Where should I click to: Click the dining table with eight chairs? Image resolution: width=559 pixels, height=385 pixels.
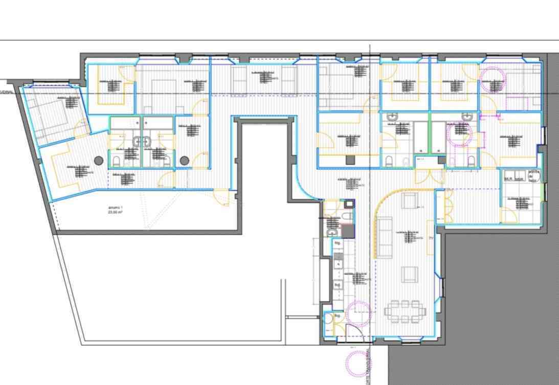[405, 311]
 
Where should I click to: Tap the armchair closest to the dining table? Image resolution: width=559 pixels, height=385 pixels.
[409, 275]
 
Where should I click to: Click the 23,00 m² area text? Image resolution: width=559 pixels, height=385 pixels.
[115, 210]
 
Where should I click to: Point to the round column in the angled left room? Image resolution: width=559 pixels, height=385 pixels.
[99, 161]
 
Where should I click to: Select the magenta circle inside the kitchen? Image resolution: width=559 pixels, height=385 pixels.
[358, 313]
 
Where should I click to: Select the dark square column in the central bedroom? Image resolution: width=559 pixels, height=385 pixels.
[349, 160]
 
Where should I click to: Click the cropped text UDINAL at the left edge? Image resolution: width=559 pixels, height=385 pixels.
[7, 92]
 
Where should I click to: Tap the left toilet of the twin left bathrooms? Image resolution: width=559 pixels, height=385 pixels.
[116, 162]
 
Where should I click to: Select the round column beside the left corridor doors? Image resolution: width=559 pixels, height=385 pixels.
[184, 161]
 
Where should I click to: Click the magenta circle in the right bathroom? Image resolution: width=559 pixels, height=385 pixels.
[459, 134]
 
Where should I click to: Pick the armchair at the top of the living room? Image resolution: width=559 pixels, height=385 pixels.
[409, 201]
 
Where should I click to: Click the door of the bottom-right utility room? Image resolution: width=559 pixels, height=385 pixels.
[509, 215]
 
